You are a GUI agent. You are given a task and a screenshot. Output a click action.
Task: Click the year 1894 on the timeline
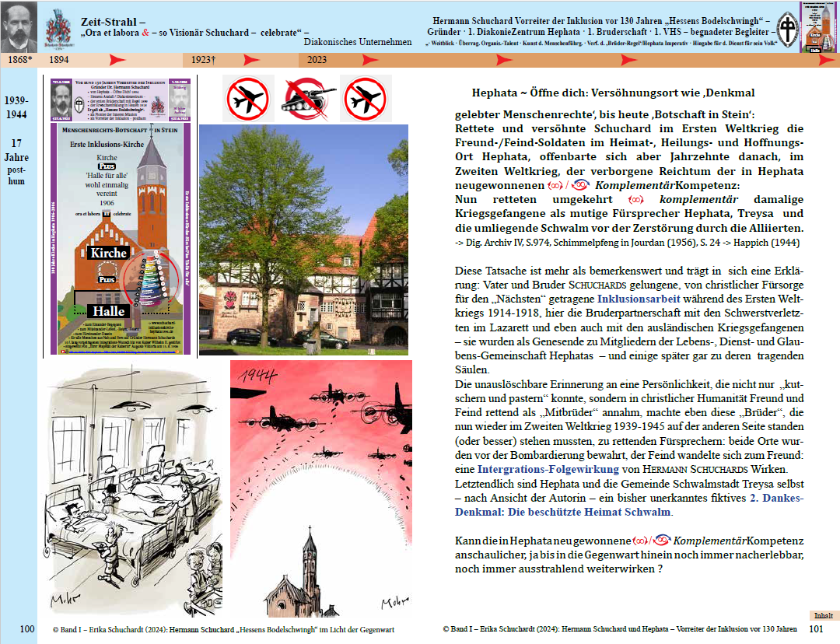point(58,59)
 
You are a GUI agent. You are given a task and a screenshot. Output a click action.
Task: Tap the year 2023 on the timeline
point(317,59)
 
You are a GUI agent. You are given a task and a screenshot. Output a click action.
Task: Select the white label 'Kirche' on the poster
point(107,253)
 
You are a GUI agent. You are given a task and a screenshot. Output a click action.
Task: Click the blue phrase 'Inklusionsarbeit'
point(639,298)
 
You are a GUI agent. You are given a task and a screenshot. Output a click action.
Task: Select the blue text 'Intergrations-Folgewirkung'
point(537,469)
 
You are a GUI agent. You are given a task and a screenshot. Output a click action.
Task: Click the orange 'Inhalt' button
point(823,615)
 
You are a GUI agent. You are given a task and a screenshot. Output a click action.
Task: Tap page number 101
point(817,628)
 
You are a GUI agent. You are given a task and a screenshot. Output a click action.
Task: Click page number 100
point(27,628)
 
